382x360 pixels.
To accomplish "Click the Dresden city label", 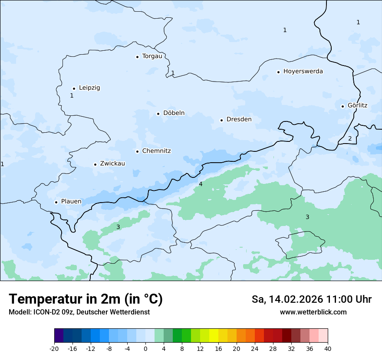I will (x=239, y=119).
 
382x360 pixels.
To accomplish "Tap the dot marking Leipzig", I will (x=74, y=88).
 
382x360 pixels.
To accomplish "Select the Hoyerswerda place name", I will (x=303, y=71).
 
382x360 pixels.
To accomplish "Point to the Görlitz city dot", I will (x=342, y=106).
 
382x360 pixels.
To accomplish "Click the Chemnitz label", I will (x=156, y=151).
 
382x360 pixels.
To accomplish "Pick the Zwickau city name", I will (x=112, y=164).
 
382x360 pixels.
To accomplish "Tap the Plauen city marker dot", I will (x=56, y=202).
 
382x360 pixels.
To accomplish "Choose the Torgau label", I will (x=152, y=56).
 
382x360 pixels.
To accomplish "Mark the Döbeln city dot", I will (x=158, y=114).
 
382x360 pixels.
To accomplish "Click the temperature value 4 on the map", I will (x=201, y=184).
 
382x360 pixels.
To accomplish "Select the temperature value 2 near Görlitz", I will (x=350, y=138).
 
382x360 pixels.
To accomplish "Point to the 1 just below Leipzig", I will (x=72, y=95).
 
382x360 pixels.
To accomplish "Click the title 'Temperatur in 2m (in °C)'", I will (x=86, y=299).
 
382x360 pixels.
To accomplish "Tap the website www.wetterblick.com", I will (x=313, y=312).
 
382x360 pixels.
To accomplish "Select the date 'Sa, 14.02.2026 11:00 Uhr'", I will (x=311, y=299).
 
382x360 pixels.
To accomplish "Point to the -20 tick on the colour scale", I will (x=54, y=348).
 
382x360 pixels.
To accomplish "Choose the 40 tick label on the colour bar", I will (x=328, y=348).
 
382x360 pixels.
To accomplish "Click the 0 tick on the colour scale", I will (x=145, y=348).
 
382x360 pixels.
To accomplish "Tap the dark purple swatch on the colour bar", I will (x=59, y=336).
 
